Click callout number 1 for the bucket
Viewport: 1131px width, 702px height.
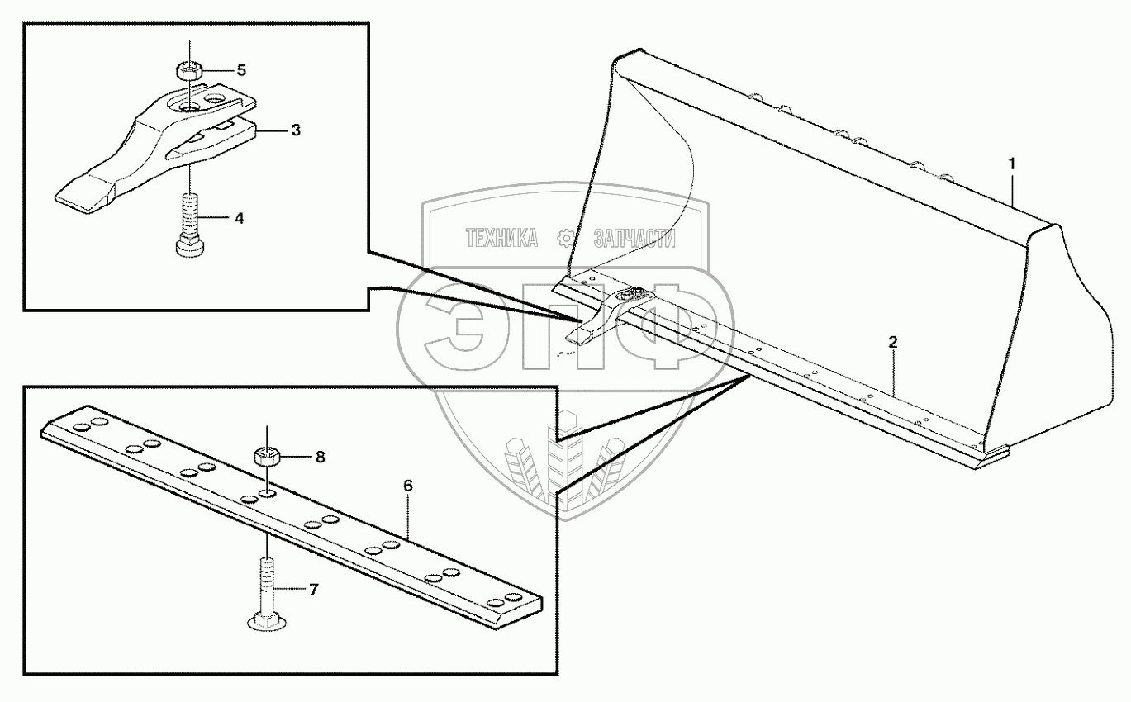pyautogui.click(x=1011, y=164)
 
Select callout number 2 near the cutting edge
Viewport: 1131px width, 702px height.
pyautogui.click(x=892, y=341)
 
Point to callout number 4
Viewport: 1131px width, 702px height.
pyautogui.click(x=238, y=219)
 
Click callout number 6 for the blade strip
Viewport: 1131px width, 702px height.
pyautogui.click(x=407, y=486)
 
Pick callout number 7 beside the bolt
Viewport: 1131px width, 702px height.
pyautogui.click(x=312, y=590)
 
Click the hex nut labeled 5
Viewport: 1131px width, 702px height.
pyautogui.click(x=189, y=70)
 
